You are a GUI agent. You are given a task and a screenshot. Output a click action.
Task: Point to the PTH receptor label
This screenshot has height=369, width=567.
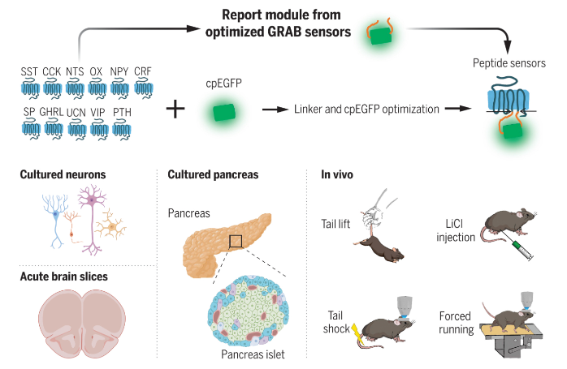click(x=122, y=112)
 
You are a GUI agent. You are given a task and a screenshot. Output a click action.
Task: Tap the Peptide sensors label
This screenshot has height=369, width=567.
click(x=509, y=62)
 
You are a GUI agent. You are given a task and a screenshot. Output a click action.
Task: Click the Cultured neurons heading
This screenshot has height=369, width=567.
click(x=63, y=174)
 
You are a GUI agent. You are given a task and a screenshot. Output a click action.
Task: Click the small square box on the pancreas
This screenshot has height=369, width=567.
click(x=235, y=240)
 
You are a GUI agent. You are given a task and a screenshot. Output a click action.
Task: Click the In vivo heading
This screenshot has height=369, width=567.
click(x=336, y=174)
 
